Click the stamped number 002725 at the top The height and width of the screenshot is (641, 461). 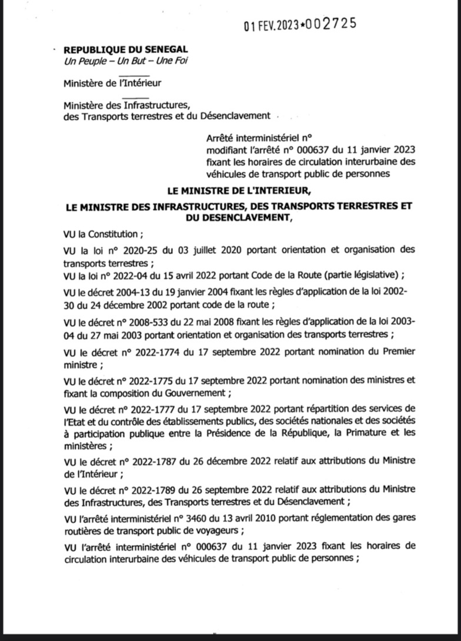pyautogui.click(x=327, y=24)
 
